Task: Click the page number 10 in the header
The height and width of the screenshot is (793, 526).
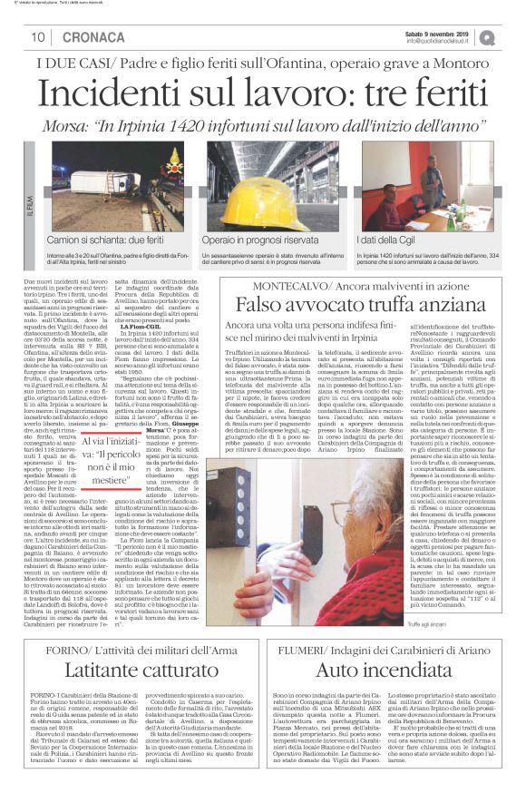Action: point(38,37)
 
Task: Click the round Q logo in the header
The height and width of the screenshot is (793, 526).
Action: point(490,37)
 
